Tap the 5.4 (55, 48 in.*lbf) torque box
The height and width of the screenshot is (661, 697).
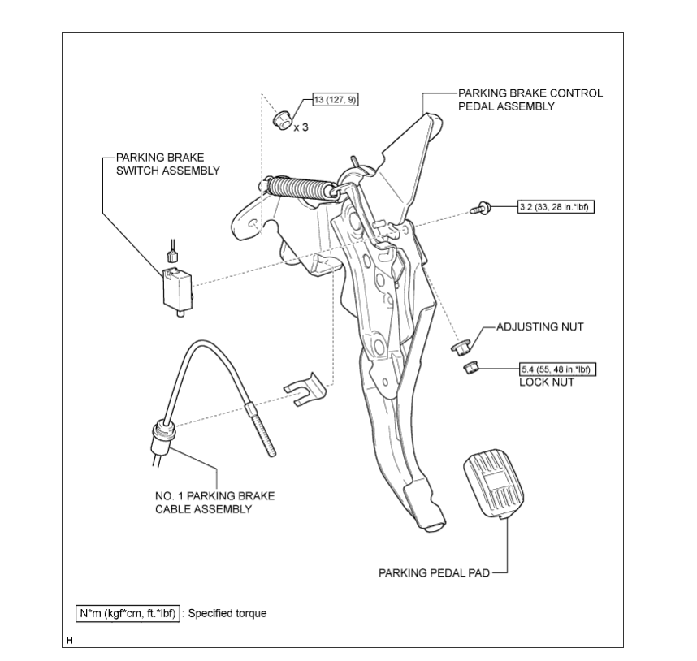(557, 369)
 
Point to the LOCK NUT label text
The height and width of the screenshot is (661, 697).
(547, 382)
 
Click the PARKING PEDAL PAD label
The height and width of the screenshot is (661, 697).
(434, 572)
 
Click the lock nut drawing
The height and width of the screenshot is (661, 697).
(469, 369)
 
